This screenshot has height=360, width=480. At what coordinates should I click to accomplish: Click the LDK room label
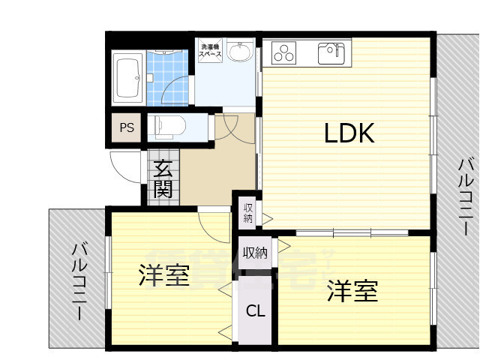(349, 133)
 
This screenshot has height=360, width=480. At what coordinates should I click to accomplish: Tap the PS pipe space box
(127, 127)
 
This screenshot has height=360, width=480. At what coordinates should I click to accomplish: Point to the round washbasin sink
(240, 53)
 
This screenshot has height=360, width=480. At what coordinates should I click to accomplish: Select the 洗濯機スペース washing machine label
(209, 52)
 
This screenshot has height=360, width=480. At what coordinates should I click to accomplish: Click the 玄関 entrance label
(163, 179)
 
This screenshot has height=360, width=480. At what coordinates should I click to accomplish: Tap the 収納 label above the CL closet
(255, 253)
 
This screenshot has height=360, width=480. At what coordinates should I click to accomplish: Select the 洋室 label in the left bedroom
(163, 276)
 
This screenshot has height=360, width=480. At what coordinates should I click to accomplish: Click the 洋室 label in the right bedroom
(352, 291)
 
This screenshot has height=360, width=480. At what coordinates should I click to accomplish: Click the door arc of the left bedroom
(213, 222)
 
